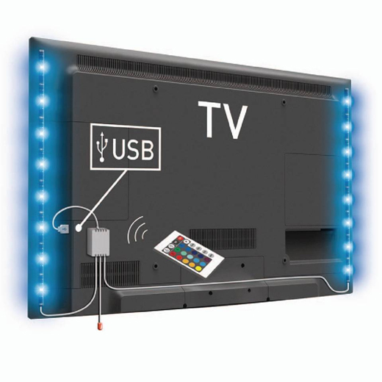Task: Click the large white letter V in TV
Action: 234,123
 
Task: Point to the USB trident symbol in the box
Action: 102,146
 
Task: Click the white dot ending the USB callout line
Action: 79,228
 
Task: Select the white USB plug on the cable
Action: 64,229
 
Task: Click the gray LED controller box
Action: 98,241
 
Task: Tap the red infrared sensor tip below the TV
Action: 100,326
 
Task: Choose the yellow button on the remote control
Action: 186,261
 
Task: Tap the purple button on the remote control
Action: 208,258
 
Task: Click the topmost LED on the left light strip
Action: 42,66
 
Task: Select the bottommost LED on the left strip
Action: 42,290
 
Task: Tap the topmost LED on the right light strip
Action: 347,101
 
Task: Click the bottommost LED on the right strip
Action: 347,270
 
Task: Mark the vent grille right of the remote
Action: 223,239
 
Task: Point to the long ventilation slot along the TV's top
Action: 204,73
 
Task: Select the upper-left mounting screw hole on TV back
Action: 156,87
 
